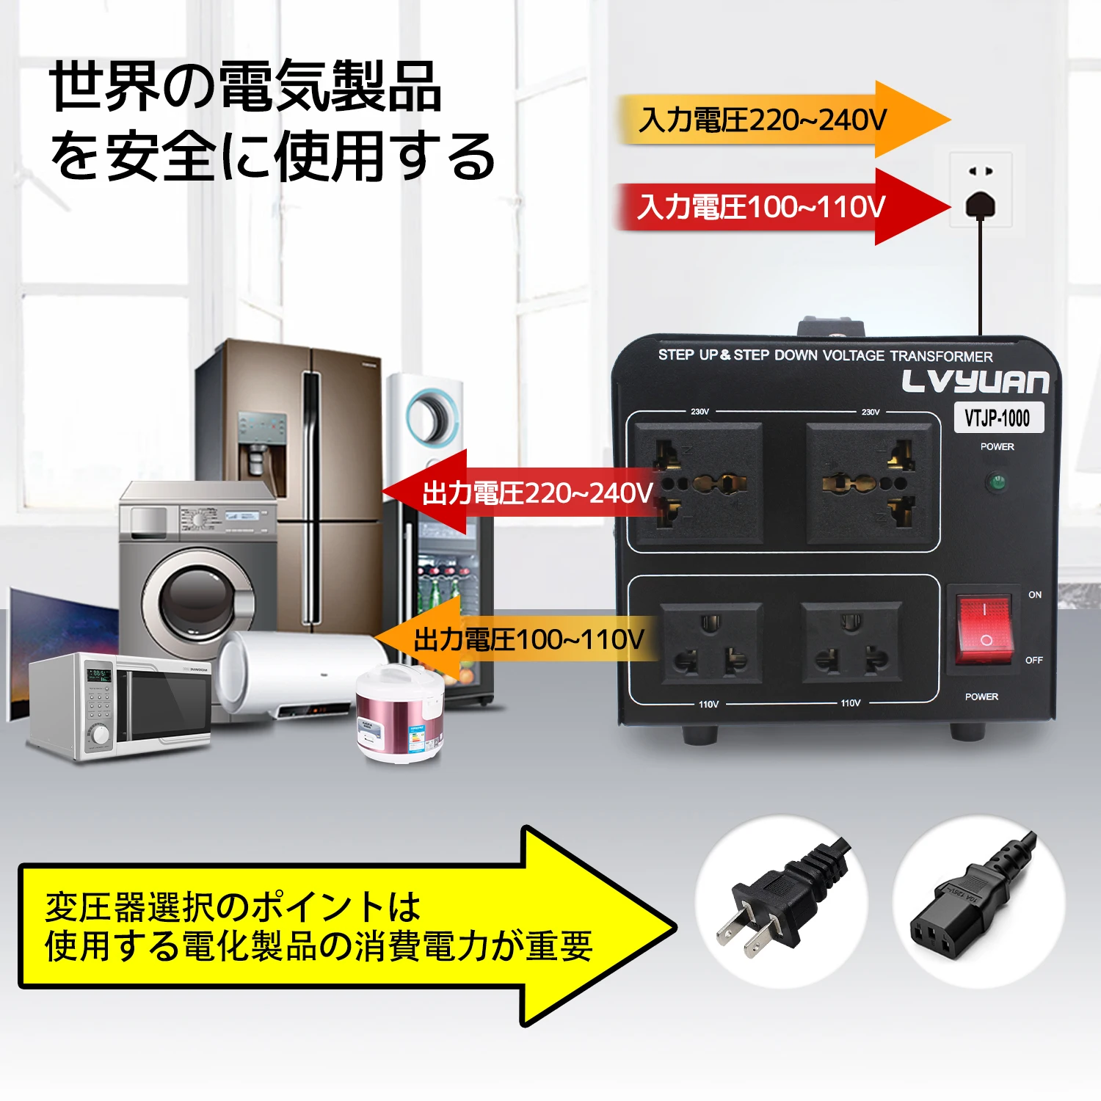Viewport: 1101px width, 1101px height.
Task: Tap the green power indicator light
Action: (x=997, y=482)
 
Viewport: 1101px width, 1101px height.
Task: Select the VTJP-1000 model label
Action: (x=998, y=418)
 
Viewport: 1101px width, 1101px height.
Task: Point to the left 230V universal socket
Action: (x=698, y=484)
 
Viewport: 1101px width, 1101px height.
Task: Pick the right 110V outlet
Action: (x=851, y=643)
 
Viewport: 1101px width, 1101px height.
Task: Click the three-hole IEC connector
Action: (x=962, y=910)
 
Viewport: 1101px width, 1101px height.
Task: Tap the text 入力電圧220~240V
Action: (x=763, y=120)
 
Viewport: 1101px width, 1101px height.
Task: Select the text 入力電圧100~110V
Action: (x=761, y=207)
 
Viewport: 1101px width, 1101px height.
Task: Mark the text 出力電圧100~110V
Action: (x=528, y=639)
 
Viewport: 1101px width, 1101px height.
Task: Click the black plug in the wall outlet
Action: (x=981, y=205)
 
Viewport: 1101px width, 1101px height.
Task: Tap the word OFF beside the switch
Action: (x=1033, y=660)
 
